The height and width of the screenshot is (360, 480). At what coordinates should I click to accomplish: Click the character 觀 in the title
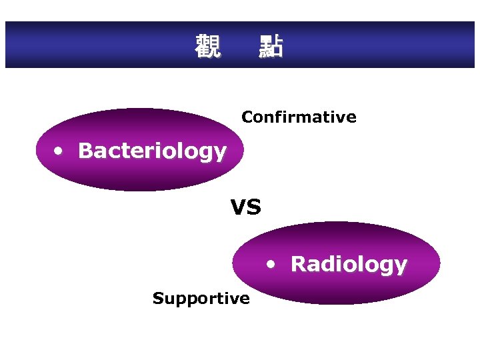click(x=207, y=47)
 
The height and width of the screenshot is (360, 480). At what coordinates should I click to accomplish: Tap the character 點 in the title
click(x=271, y=47)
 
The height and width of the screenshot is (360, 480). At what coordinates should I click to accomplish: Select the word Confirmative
click(x=299, y=117)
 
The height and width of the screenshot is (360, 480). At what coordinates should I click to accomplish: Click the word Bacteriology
click(x=152, y=151)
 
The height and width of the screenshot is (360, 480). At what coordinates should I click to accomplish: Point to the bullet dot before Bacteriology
click(x=59, y=151)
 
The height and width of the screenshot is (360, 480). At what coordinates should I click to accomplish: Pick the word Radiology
click(x=349, y=264)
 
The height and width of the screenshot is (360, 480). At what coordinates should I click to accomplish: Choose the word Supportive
click(x=201, y=298)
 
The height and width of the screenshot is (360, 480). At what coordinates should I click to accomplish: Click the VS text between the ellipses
click(x=246, y=208)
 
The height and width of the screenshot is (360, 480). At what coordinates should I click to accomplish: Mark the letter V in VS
click(x=239, y=208)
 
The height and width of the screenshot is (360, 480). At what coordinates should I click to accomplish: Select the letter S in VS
click(x=254, y=208)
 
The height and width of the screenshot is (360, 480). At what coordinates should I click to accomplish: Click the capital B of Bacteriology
click(x=85, y=151)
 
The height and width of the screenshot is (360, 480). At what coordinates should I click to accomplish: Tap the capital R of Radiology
click(x=298, y=264)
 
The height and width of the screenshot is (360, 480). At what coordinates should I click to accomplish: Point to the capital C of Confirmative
click(x=247, y=117)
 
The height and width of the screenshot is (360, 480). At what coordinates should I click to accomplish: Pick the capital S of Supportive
click(x=157, y=298)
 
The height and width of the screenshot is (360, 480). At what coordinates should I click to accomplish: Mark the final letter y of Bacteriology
click(x=221, y=153)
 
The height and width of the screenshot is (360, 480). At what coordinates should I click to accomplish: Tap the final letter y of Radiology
click(x=401, y=266)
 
